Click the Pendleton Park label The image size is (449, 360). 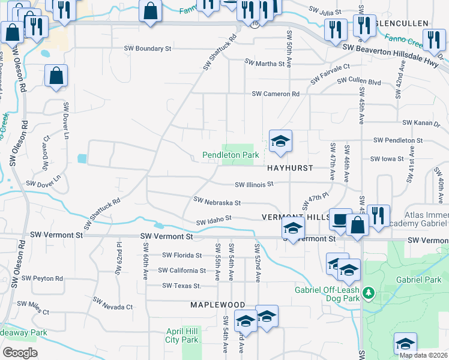(231, 155)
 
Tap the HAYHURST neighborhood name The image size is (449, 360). (290, 168)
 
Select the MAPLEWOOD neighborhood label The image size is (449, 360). (217, 305)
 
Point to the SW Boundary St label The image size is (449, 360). (148, 48)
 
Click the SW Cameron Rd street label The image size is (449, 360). (276, 94)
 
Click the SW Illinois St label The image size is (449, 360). (254, 184)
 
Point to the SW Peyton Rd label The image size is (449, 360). (42, 278)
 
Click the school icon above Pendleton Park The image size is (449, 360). (280, 142)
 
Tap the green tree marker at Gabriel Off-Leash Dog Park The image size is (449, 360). (370, 294)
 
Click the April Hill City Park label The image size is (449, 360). (182, 335)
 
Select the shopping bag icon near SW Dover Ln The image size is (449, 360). (56, 76)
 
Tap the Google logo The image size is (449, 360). (20, 353)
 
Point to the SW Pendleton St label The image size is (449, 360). (398, 140)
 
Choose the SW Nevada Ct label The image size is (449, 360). (113, 307)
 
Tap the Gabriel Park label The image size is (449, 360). (416, 280)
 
